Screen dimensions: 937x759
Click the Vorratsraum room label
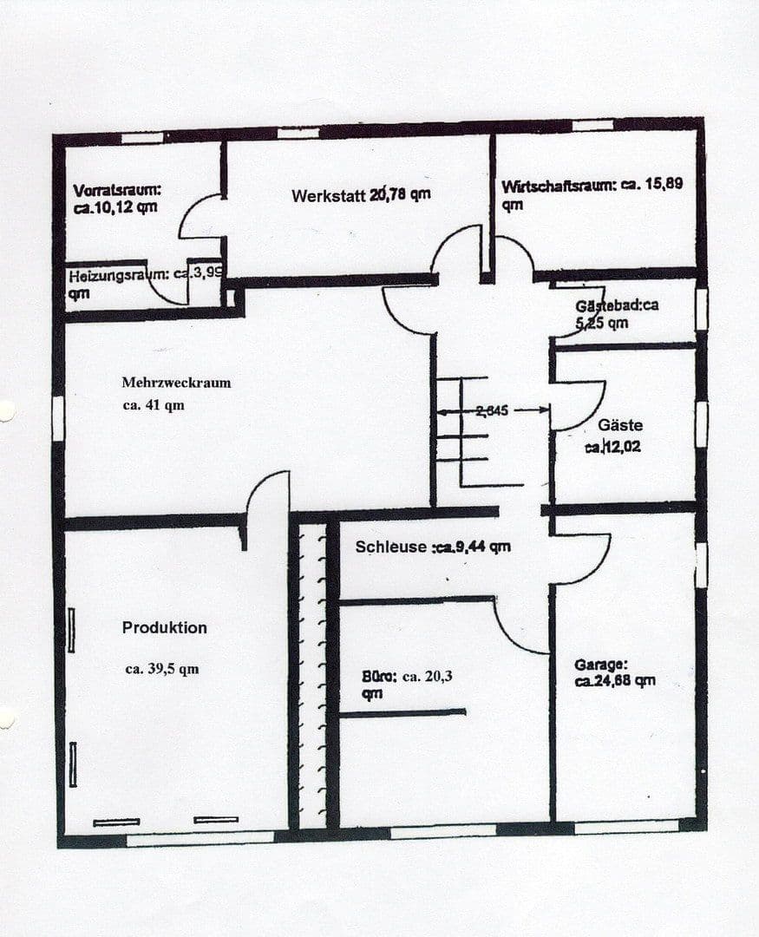(117, 190)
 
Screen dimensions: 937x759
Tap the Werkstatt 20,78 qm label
(361, 195)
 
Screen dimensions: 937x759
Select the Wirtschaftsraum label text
(558, 186)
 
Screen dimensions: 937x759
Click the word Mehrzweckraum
(176, 382)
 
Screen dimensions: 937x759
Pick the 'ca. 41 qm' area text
(154, 404)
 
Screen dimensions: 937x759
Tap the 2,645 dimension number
(491, 410)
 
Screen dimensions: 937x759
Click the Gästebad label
(616, 306)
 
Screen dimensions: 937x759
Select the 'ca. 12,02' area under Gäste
(613, 448)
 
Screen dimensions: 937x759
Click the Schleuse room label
(391, 547)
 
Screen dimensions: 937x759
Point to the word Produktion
(165, 627)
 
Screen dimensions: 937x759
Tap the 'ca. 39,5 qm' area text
(162, 669)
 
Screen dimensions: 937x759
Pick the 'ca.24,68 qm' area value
(614, 681)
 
